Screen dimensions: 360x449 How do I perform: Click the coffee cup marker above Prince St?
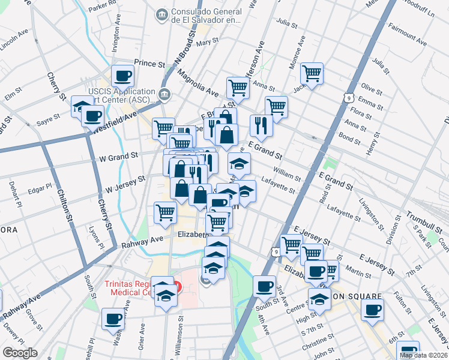point(123,76)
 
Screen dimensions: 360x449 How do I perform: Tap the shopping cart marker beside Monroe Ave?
point(312,74)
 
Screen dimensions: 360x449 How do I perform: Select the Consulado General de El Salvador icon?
point(161,14)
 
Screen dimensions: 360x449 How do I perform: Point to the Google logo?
point(20,353)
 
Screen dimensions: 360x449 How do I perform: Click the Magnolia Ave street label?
point(197,82)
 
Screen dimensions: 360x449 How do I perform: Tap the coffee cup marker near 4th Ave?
point(264,287)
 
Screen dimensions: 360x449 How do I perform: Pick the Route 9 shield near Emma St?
point(348,97)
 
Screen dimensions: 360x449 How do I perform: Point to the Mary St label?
point(206,42)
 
